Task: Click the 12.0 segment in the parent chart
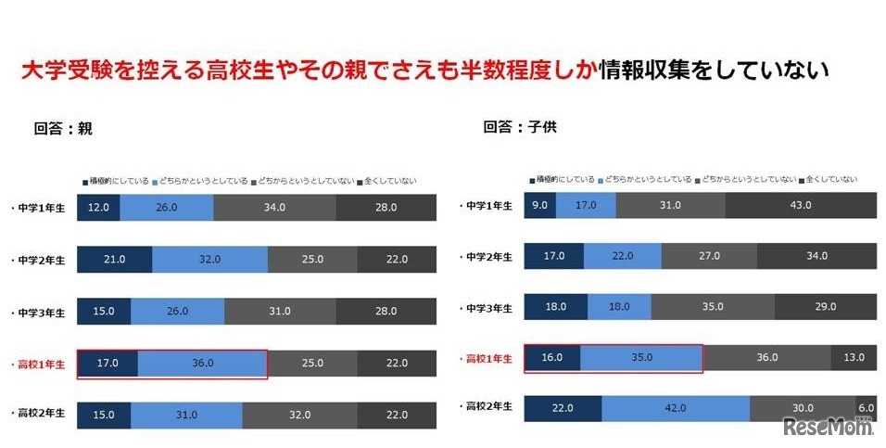click(98, 208)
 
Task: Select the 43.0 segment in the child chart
click(800, 205)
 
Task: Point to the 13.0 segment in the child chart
click(854, 357)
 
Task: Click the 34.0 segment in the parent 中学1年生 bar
click(274, 208)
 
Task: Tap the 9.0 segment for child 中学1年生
click(539, 205)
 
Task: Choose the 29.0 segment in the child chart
click(825, 306)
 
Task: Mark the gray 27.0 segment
click(708, 256)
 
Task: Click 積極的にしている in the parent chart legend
click(118, 181)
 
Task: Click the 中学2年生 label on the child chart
click(488, 256)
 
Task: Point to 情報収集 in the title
click(639, 70)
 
